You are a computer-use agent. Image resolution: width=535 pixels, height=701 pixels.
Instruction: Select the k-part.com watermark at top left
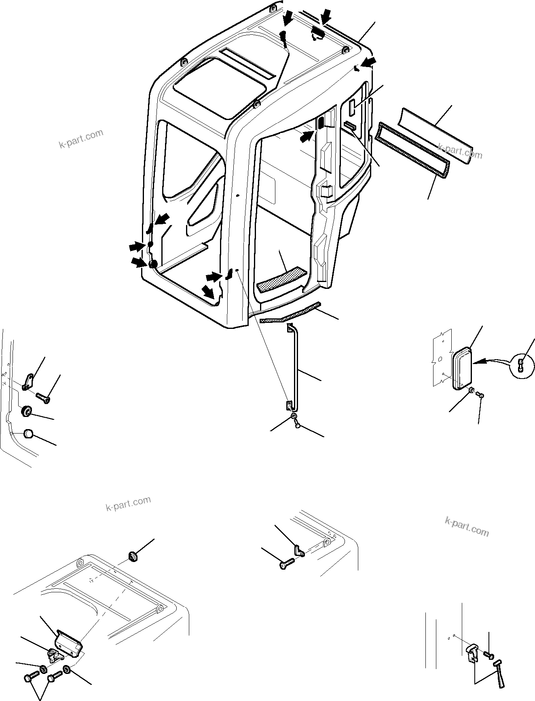point(81,139)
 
